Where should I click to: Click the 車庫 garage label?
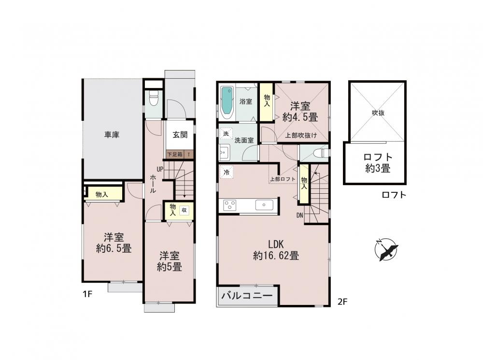pos(112,135)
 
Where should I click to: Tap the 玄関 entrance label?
pos(180,135)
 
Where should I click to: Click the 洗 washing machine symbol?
pos(226,134)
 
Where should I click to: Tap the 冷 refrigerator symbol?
pos(227,173)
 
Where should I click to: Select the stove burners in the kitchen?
pos(230,205)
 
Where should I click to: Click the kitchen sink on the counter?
pos(264,205)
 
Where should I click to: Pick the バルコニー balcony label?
pos(247,296)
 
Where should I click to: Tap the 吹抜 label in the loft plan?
pos(378,113)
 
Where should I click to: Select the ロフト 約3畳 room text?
pos(378,163)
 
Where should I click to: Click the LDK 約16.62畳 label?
pos(276,250)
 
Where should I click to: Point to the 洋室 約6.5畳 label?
pos(114,243)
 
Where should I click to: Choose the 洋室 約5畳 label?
pos(170,261)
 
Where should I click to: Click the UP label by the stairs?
pos(160,169)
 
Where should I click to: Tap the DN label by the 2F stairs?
pos(300,216)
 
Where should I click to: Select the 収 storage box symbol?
pos(184,210)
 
